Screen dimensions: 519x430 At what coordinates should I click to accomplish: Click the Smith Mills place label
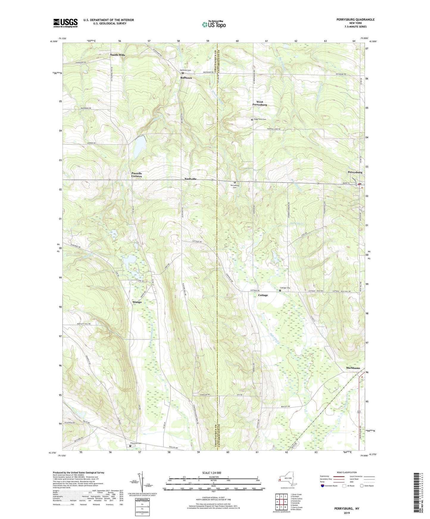click(x=118, y=55)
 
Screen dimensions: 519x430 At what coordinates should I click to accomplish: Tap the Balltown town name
click(x=186, y=78)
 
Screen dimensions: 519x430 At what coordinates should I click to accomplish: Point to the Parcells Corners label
click(x=137, y=175)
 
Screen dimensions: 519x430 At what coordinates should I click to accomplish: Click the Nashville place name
click(x=190, y=179)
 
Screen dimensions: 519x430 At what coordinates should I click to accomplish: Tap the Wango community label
click(x=137, y=302)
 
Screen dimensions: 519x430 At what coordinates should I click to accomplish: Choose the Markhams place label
click(x=353, y=368)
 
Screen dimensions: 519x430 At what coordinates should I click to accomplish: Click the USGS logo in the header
click(x=65, y=23)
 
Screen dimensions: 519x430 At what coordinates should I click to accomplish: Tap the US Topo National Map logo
click(x=214, y=24)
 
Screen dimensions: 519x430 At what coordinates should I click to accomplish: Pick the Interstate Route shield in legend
click(x=323, y=486)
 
